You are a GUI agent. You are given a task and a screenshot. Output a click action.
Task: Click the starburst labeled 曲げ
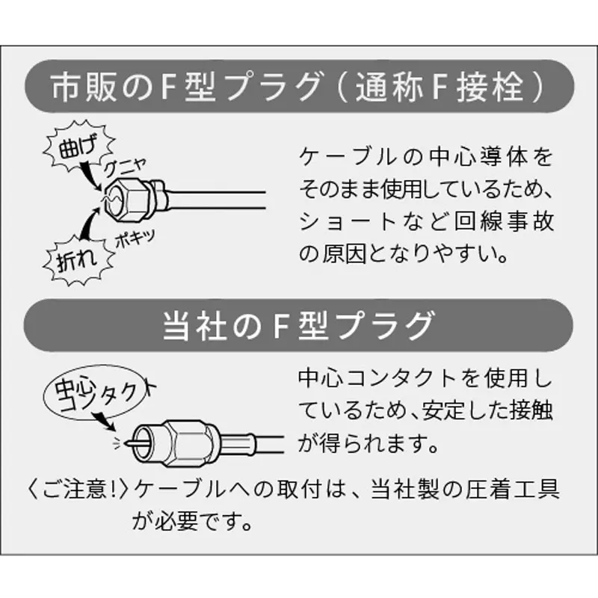[78, 146]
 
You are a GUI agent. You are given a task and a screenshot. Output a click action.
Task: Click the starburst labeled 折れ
[78, 260]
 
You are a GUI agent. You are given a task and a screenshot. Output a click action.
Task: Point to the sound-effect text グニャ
[125, 167]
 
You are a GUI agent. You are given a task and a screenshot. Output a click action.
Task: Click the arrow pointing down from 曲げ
[90, 175]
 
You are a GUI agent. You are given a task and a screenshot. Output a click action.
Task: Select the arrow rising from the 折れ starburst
[90, 223]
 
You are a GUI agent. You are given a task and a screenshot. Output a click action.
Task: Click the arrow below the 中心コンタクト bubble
[104, 421]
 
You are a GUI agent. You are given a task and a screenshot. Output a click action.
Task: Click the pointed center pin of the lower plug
[132, 443]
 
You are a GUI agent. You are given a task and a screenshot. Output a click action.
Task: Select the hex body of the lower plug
[188, 443]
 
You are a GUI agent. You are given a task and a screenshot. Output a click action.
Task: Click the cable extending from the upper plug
[216, 200]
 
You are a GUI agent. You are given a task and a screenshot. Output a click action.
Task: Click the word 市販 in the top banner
[84, 87]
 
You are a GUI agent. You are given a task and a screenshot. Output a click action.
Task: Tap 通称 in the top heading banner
[389, 87]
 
